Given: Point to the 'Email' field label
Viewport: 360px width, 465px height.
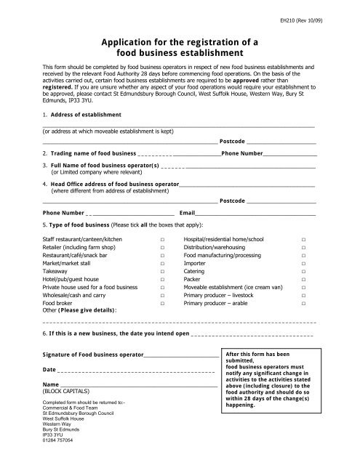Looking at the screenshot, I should [188, 214].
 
